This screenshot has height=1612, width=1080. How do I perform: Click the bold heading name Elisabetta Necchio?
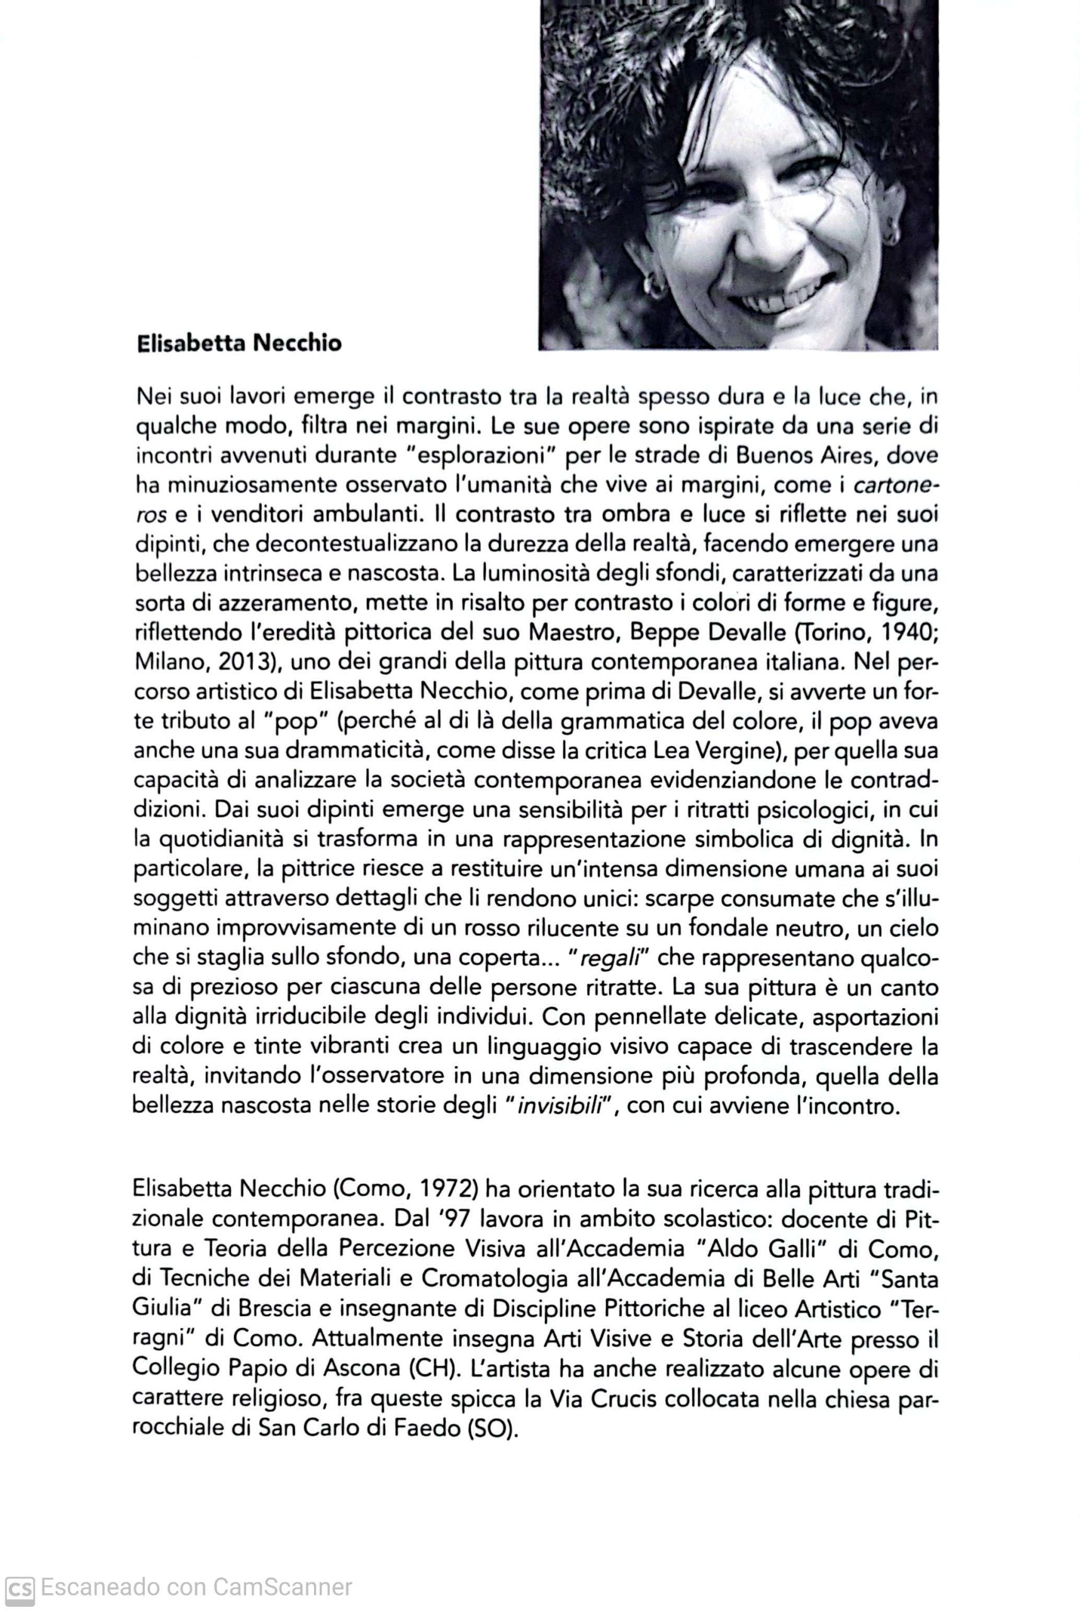point(239,343)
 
